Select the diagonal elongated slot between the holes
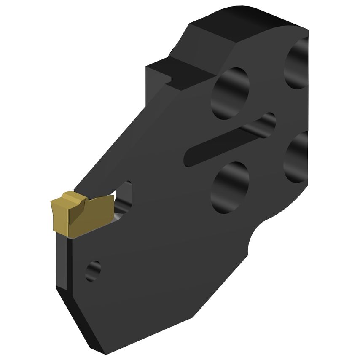228,141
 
